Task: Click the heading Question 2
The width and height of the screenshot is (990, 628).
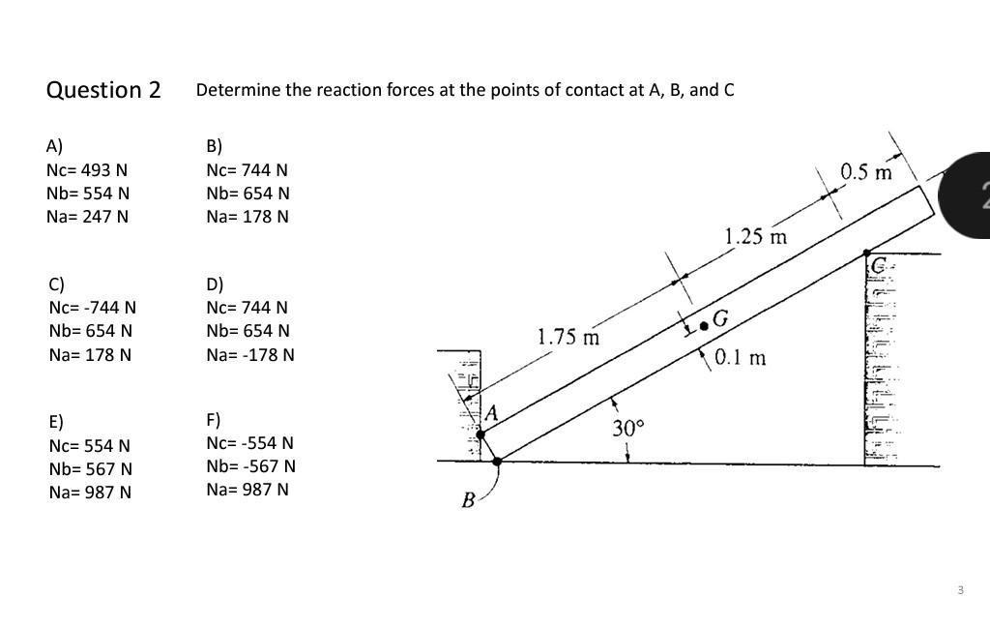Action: [x=103, y=90]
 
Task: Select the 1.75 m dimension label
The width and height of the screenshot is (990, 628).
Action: [x=568, y=337]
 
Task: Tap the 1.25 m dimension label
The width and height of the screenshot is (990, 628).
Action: [x=755, y=236]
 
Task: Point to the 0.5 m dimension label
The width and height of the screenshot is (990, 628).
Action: [x=866, y=172]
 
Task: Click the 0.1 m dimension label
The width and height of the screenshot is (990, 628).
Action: [x=741, y=358]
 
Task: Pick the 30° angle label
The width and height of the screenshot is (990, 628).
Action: [x=626, y=427]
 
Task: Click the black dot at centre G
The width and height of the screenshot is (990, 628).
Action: [x=704, y=327]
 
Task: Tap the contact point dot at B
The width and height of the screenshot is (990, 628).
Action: [x=497, y=461]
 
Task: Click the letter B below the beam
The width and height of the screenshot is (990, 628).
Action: [x=468, y=500]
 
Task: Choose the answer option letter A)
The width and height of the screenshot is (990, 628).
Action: [x=54, y=146]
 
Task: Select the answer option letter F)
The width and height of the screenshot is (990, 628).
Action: [x=214, y=420]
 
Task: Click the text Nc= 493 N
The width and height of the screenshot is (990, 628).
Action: [x=87, y=170]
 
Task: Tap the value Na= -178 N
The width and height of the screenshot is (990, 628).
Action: [x=249, y=354]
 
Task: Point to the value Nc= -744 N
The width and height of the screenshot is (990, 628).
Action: [x=92, y=308]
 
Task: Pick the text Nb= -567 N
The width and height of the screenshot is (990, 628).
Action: [x=250, y=466]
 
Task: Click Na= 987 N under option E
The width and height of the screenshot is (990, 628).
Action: [x=90, y=492]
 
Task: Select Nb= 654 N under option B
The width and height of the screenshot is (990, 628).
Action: [x=247, y=194]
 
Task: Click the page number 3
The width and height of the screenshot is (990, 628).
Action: [x=960, y=589]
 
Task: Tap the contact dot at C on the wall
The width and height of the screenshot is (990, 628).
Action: [x=867, y=253]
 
